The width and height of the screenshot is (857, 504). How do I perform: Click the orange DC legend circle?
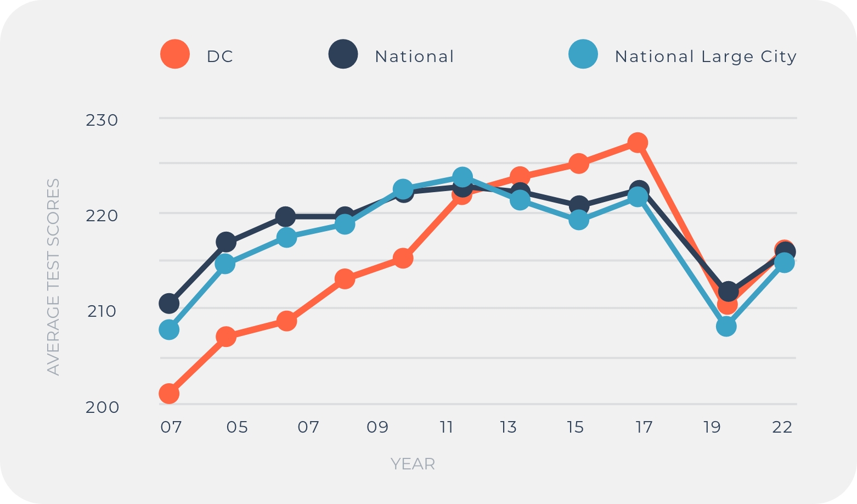click(x=175, y=54)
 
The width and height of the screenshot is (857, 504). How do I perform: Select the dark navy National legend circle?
click(x=343, y=54)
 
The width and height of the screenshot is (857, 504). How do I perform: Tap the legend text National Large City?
click(x=705, y=57)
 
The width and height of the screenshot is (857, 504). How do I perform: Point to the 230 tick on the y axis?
click(x=102, y=120)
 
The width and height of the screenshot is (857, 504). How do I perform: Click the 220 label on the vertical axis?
click(x=102, y=216)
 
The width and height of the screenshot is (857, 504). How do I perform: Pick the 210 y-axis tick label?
click(x=102, y=311)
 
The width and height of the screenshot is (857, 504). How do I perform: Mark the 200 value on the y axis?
click(x=102, y=407)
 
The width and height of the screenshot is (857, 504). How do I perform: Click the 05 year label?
click(x=237, y=427)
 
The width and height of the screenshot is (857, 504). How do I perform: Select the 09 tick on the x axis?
click(x=377, y=427)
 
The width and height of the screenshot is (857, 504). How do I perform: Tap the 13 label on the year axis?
click(x=509, y=427)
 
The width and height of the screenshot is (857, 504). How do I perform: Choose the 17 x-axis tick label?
click(x=644, y=427)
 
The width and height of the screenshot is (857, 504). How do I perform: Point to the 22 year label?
click(x=782, y=427)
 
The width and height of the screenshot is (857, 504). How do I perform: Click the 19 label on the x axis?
click(x=712, y=427)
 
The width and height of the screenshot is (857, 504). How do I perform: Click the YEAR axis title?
click(x=413, y=464)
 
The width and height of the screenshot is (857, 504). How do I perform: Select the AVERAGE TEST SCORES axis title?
click(x=53, y=277)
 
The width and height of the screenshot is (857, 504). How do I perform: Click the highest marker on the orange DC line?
click(x=638, y=143)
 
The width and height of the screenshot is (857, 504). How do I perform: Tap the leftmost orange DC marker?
click(x=169, y=394)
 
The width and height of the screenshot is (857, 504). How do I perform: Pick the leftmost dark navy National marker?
click(x=169, y=303)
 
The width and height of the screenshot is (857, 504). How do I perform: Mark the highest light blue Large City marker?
click(x=463, y=177)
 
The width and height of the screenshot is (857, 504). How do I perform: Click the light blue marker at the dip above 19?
click(x=726, y=327)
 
